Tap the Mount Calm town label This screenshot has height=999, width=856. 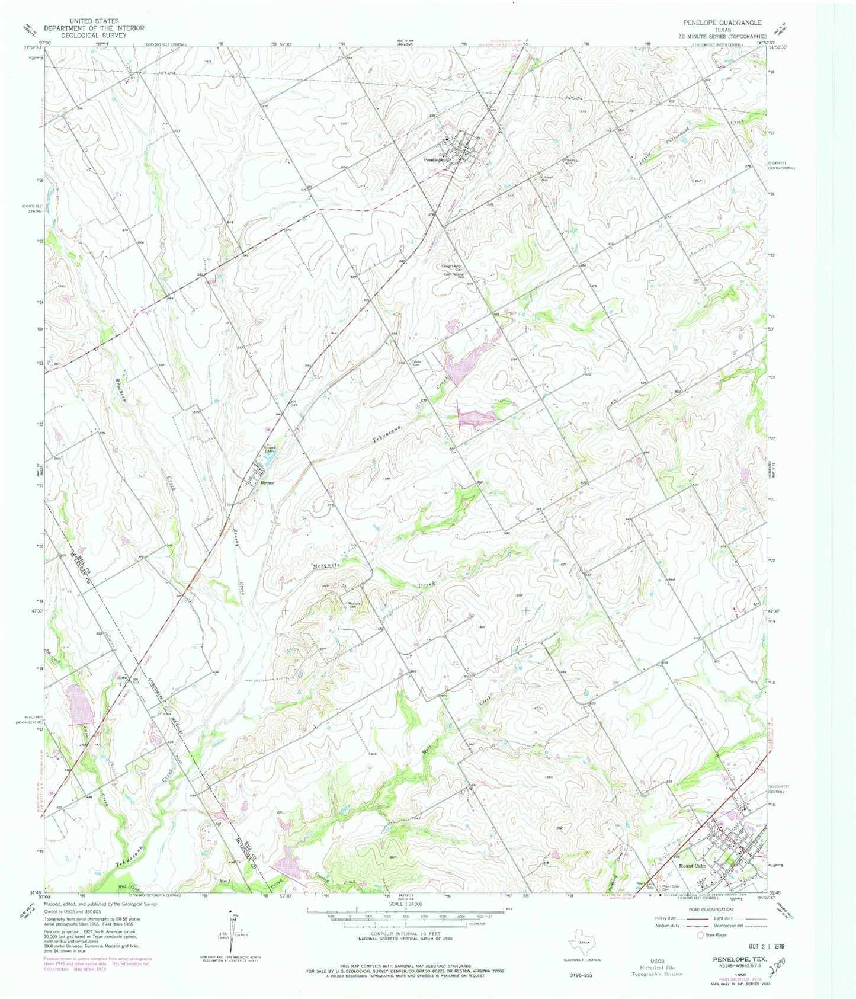click(692, 866)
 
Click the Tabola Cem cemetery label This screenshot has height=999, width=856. click(416, 363)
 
